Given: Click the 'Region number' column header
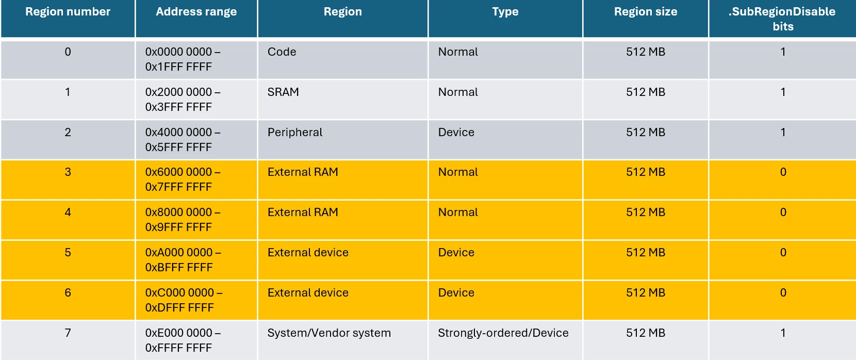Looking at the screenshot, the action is click(68, 11).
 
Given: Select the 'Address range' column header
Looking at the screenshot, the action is click(196, 11).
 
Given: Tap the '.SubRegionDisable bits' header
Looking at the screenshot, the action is click(783, 19).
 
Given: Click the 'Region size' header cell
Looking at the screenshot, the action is click(646, 11).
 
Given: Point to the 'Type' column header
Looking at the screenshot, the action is click(505, 11).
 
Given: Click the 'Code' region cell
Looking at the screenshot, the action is click(282, 52).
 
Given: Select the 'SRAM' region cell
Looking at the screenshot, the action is click(283, 92).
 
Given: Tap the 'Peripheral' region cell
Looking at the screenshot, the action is click(294, 132).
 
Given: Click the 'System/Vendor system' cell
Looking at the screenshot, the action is click(329, 333).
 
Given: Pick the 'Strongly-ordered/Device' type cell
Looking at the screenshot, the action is click(503, 333).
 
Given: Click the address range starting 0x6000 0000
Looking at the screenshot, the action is click(183, 179).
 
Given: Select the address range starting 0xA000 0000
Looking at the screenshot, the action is click(183, 259).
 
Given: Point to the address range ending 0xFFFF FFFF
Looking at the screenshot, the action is click(183, 340).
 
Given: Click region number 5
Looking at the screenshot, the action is click(68, 252).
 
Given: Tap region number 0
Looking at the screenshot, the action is click(68, 52).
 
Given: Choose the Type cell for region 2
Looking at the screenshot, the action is click(456, 132).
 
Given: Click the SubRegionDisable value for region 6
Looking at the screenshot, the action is click(783, 292).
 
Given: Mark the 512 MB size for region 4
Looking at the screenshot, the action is click(646, 212).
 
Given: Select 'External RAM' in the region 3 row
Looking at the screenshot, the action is click(303, 172).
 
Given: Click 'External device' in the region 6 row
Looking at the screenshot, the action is click(308, 292).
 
